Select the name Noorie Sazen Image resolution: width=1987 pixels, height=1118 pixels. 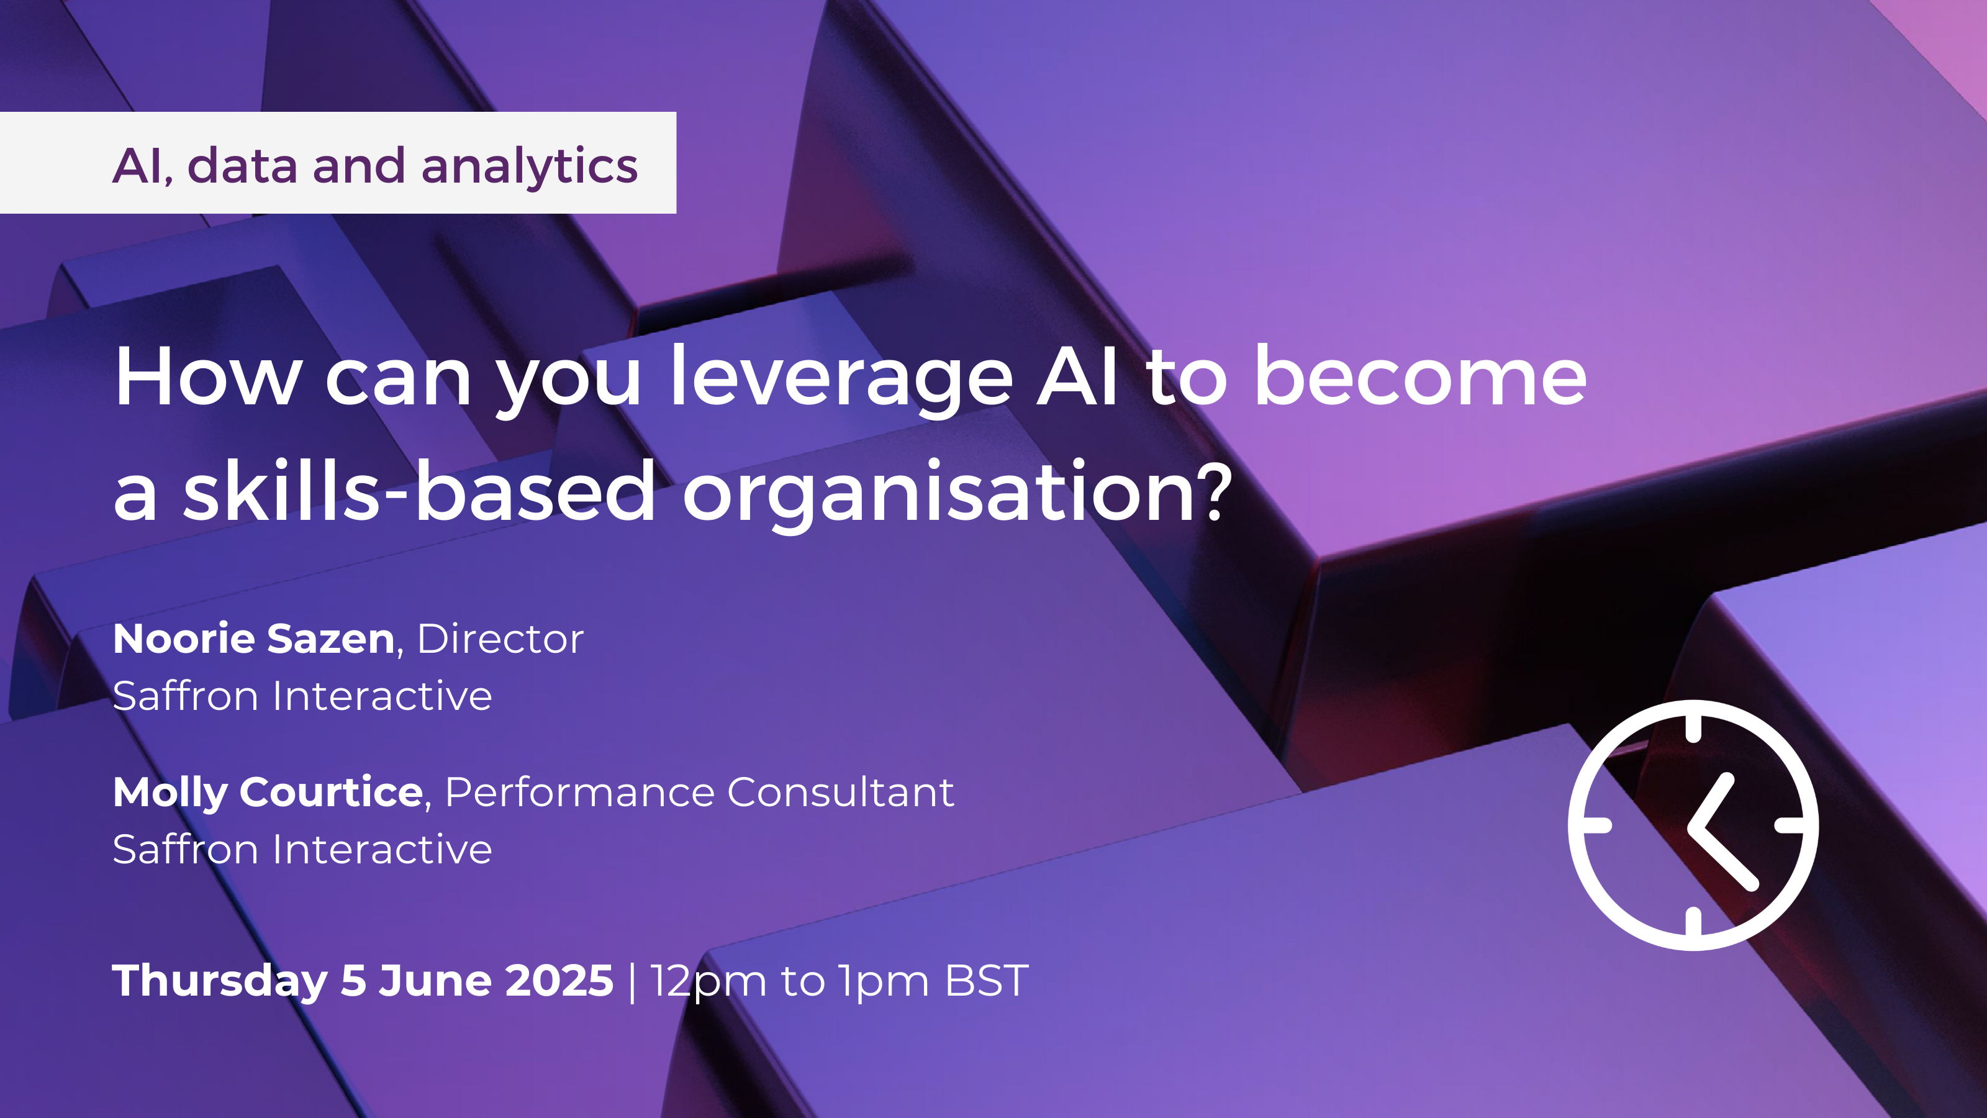[255, 639]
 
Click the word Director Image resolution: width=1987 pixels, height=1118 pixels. [500, 639]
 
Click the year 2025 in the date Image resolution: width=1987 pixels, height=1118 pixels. [560, 981]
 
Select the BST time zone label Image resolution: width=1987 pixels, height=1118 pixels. [987, 981]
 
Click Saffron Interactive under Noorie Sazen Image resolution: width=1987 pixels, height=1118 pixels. [302, 696]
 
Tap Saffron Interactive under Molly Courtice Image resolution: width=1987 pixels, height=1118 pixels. [302, 850]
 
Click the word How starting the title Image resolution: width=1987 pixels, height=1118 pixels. [208, 376]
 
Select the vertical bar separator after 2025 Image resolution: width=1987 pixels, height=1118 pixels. [633, 982]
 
